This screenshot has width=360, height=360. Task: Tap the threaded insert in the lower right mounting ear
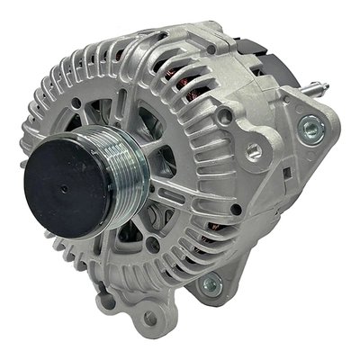pyautogui.click(x=211, y=286)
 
